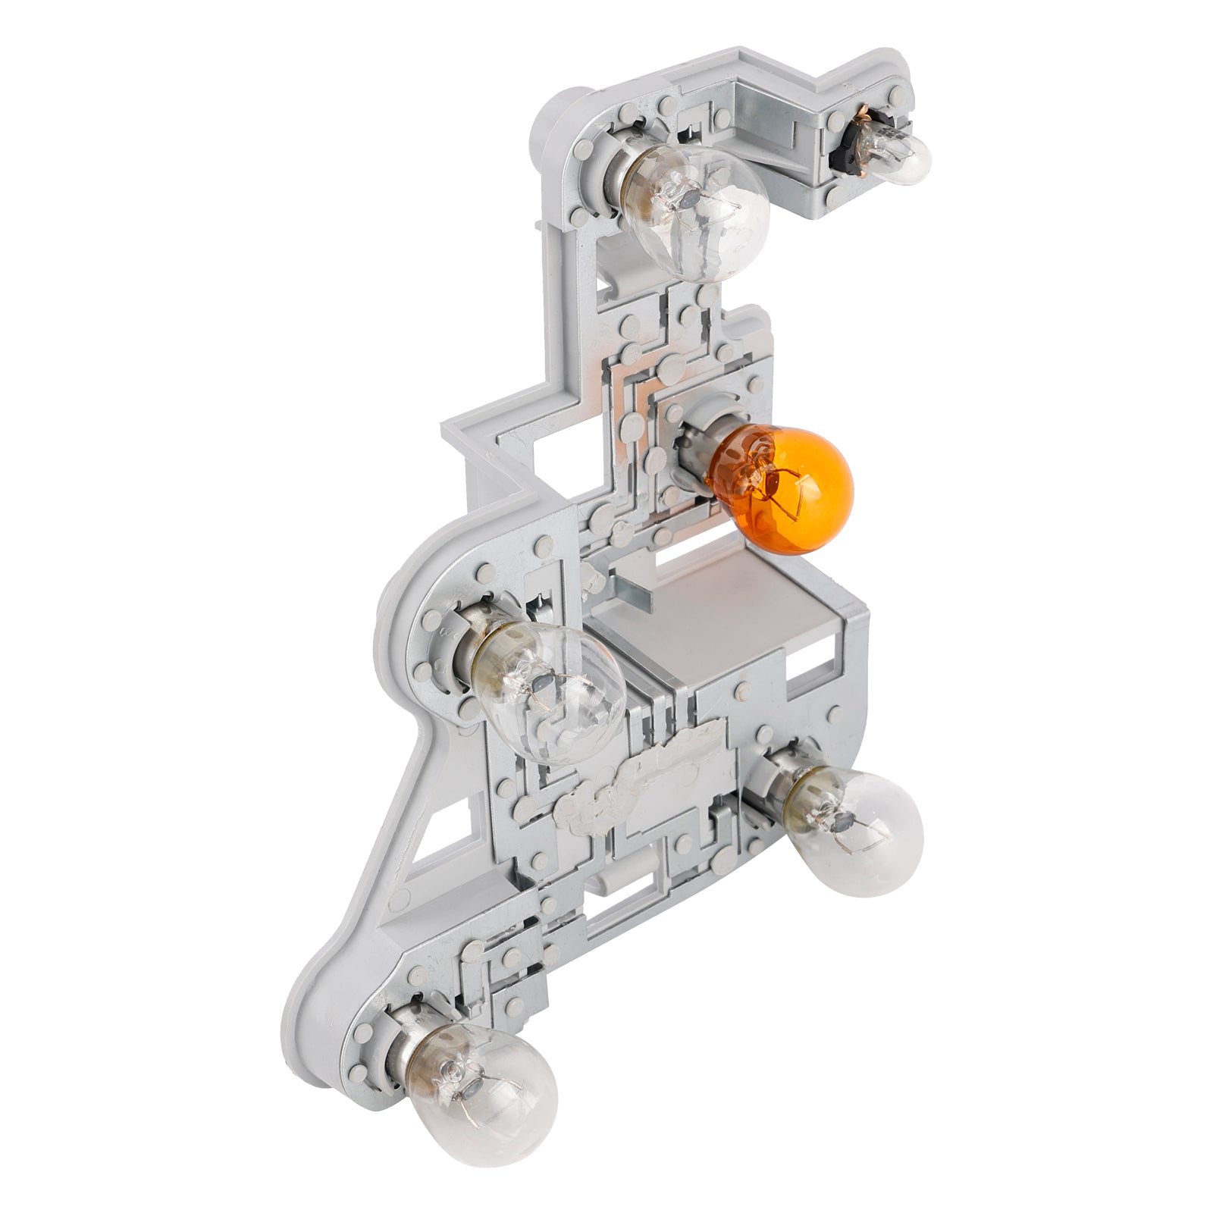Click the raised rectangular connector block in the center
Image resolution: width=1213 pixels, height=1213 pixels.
click(728, 622)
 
